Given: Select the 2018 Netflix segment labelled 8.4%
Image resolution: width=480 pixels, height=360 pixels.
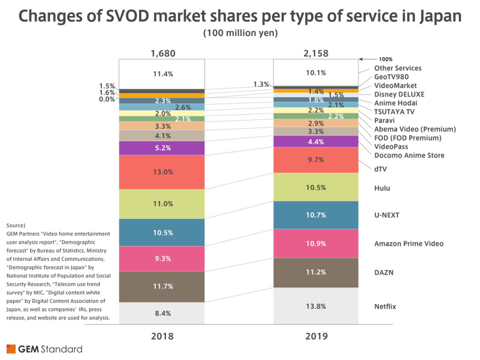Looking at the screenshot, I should click(x=162, y=313).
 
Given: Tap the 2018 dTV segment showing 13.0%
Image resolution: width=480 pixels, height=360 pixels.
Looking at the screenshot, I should click(x=162, y=172).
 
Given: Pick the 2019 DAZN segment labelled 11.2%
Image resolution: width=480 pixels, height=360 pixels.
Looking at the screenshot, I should click(x=316, y=272).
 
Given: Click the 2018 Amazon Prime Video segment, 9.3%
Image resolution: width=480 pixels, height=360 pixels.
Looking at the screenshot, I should click(x=162, y=258).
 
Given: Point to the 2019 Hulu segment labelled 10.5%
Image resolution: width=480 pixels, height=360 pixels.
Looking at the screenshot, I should click(x=316, y=187).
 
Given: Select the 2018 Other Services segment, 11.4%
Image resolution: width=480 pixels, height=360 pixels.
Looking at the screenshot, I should click(x=162, y=74).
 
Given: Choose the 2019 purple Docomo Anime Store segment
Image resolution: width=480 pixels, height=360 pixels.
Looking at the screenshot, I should click(x=316, y=141).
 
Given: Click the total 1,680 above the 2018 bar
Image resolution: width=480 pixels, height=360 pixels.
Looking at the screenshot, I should click(x=163, y=53).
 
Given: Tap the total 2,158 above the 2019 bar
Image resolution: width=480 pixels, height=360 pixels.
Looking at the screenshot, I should click(x=316, y=53).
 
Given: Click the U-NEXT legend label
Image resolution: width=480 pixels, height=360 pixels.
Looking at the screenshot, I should click(x=387, y=215).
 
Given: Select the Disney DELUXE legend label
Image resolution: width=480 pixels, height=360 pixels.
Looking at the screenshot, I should click(x=399, y=94).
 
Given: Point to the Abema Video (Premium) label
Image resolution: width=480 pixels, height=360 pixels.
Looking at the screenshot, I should click(x=415, y=129).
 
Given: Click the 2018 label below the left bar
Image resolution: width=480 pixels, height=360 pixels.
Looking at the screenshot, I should click(x=162, y=336).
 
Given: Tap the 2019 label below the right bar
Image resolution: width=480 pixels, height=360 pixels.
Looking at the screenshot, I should click(x=316, y=336).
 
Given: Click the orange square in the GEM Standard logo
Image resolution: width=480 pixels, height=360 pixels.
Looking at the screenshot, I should click(x=10, y=349).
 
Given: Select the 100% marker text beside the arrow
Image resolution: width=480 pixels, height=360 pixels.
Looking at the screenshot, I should click(x=386, y=60).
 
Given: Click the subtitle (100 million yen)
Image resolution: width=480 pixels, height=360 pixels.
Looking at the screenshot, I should click(x=240, y=33).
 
